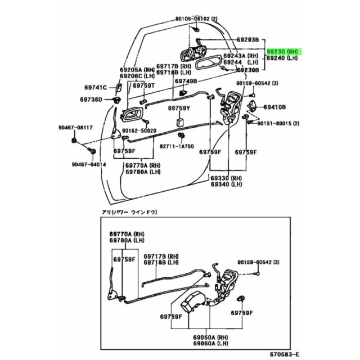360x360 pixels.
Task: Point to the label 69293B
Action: pyautogui.click(x=247, y=40)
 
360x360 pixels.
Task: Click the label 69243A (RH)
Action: pyautogui.click(x=241, y=56)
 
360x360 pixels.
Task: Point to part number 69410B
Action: pyautogui.click(x=275, y=106)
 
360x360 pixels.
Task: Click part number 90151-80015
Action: pyautogui.click(x=279, y=123)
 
